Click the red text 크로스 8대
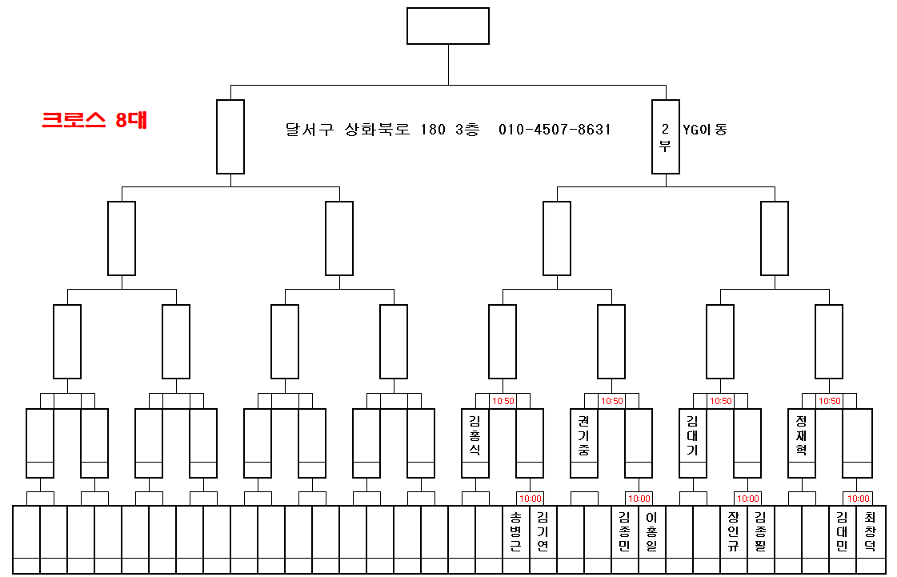click(94, 120)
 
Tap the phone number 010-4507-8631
click(555, 129)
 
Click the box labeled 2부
click(665, 137)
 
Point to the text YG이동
click(704, 129)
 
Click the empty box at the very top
click(448, 26)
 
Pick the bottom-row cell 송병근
click(516, 532)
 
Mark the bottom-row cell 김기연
click(543, 532)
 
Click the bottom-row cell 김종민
click(625, 532)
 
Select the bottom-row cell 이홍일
click(652, 532)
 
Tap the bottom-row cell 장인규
click(734, 532)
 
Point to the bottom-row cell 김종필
click(761, 532)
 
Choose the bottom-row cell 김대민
click(843, 532)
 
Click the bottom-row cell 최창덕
click(870, 532)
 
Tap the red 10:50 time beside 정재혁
click(829, 401)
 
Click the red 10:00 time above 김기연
click(530, 499)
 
